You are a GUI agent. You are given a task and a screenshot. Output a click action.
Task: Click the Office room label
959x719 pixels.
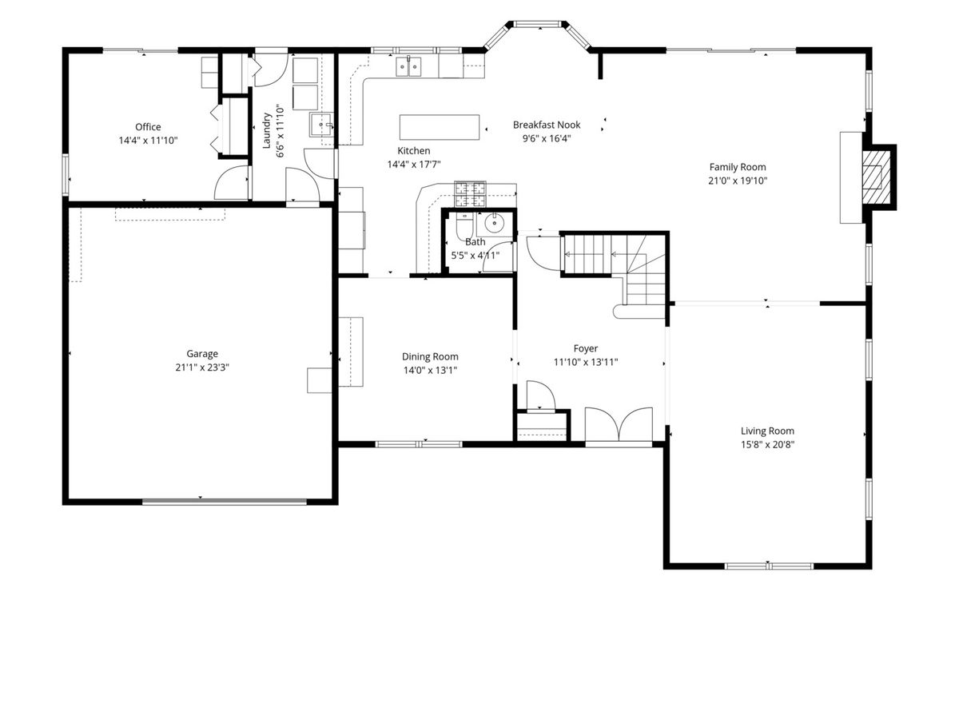[x=148, y=127]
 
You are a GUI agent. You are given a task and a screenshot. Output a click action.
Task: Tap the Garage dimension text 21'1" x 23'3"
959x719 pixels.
[x=202, y=367]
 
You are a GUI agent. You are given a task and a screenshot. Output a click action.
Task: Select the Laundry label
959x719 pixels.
[x=266, y=130]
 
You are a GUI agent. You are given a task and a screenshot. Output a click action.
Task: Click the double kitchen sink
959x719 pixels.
[x=408, y=67]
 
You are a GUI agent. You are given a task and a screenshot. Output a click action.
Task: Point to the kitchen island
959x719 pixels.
[x=439, y=127]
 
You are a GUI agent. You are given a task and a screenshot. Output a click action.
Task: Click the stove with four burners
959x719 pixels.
[x=470, y=194]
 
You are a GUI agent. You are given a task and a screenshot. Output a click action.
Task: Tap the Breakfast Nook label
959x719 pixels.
[x=547, y=125]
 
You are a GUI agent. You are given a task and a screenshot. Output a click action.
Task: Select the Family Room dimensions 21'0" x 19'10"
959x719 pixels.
[x=738, y=181]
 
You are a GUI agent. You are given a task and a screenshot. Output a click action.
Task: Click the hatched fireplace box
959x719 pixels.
[x=876, y=177]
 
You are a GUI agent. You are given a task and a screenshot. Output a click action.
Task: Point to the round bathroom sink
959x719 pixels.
[x=494, y=223]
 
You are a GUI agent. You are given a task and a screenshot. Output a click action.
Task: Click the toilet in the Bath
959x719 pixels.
[x=463, y=226]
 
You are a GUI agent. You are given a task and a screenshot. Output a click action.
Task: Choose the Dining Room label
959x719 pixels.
[x=430, y=356]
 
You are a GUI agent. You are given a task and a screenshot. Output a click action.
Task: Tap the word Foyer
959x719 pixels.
[x=586, y=348]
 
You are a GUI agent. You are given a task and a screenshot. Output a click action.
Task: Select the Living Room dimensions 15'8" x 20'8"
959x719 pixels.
[x=767, y=445]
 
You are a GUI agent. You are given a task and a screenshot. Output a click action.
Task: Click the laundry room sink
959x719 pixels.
[x=321, y=125]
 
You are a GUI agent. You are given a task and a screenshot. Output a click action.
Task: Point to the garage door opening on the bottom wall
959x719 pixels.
[x=225, y=502]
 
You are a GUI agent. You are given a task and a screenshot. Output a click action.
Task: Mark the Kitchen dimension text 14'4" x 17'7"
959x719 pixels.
[x=414, y=165]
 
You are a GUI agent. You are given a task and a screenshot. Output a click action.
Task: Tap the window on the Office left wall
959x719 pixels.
[x=66, y=174]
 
